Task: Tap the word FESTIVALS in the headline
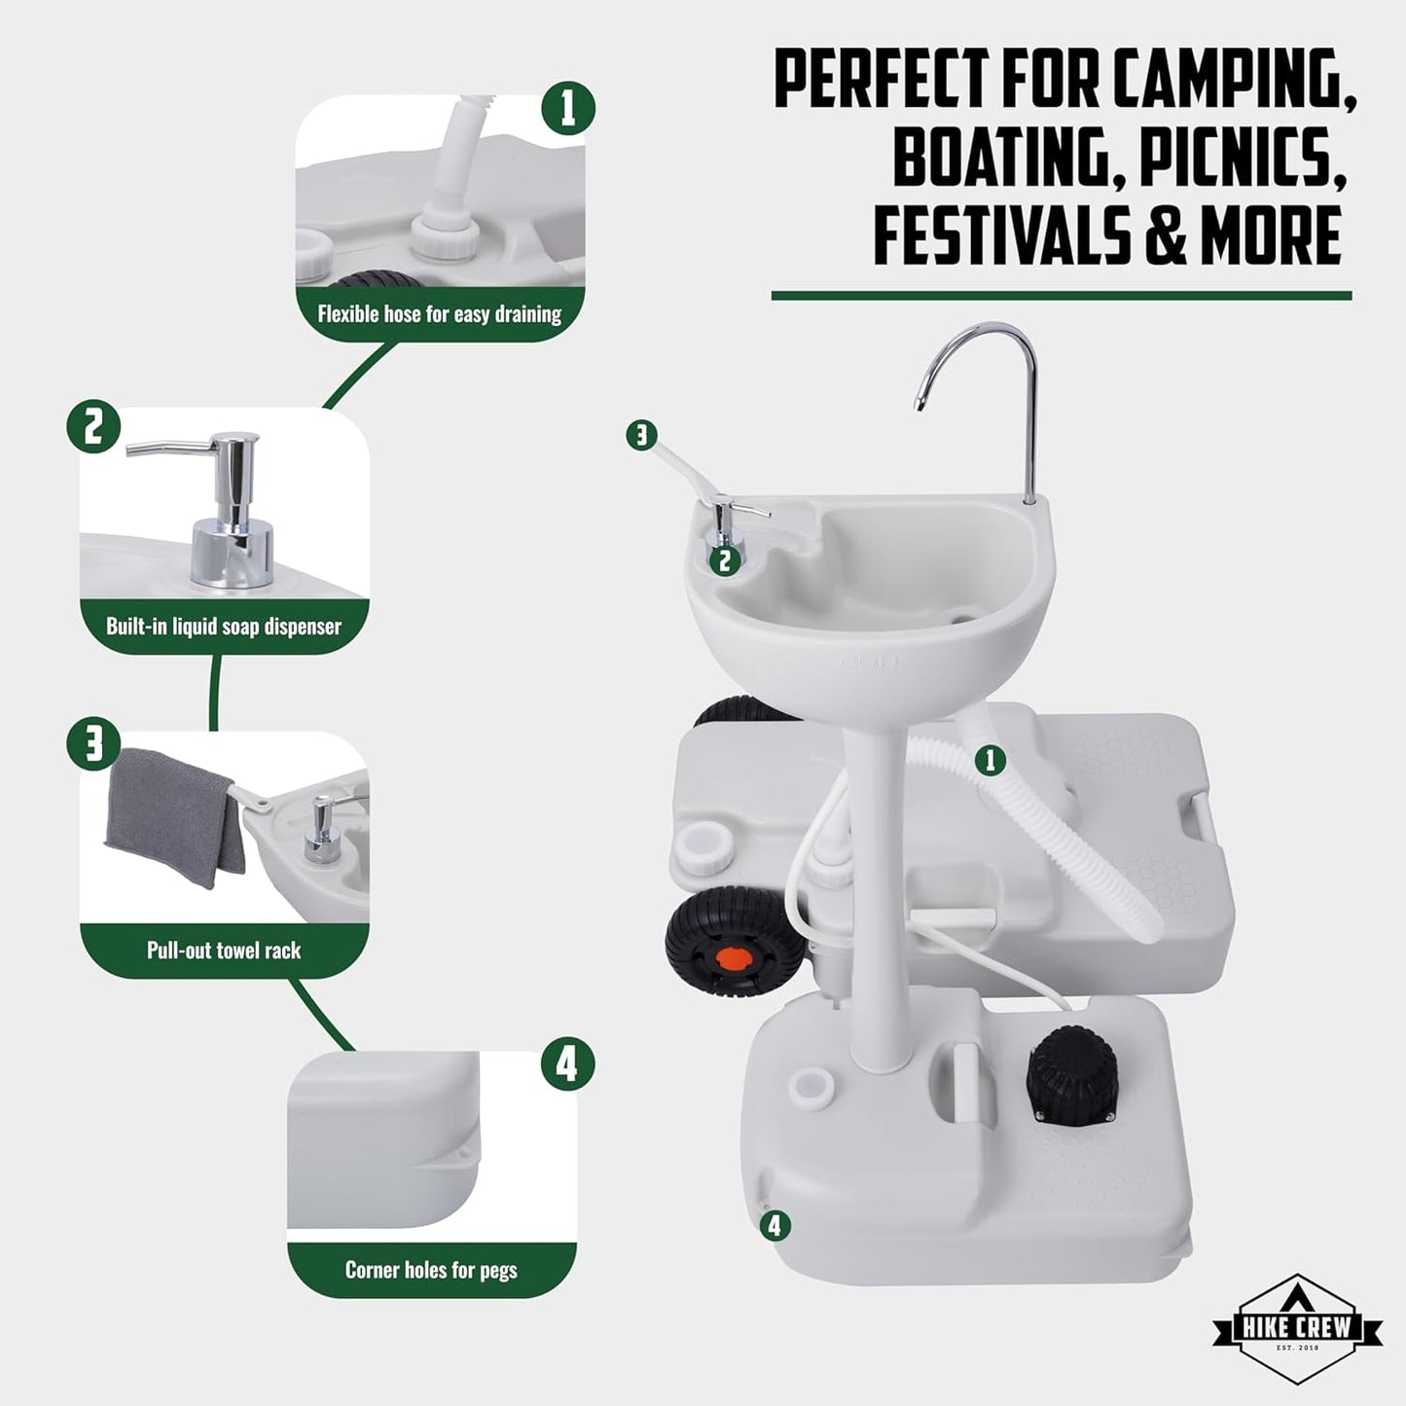pyautogui.click(x=1003, y=234)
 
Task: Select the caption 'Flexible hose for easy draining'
pyautogui.click(x=440, y=314)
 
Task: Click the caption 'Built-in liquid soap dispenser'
pyautogui.click(x=224, y=627)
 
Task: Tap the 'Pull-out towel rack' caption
pyautogui.click(x=224, y=950)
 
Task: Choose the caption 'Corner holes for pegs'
pyautogui.click(x=431, y=1271)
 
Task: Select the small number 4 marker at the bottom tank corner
pyautogui.click(x=775, y=1226)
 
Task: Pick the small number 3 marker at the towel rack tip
pyautogui.click(x=641, y=436)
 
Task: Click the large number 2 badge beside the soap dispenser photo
pyautogui.click(x=93, y=427)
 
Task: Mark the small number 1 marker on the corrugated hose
pyautogui.click(x=991, y=761)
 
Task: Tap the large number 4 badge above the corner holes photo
pyautogui.click(x=567, y=1064)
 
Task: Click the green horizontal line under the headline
pyautogui.click(x=1062, y=296)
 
